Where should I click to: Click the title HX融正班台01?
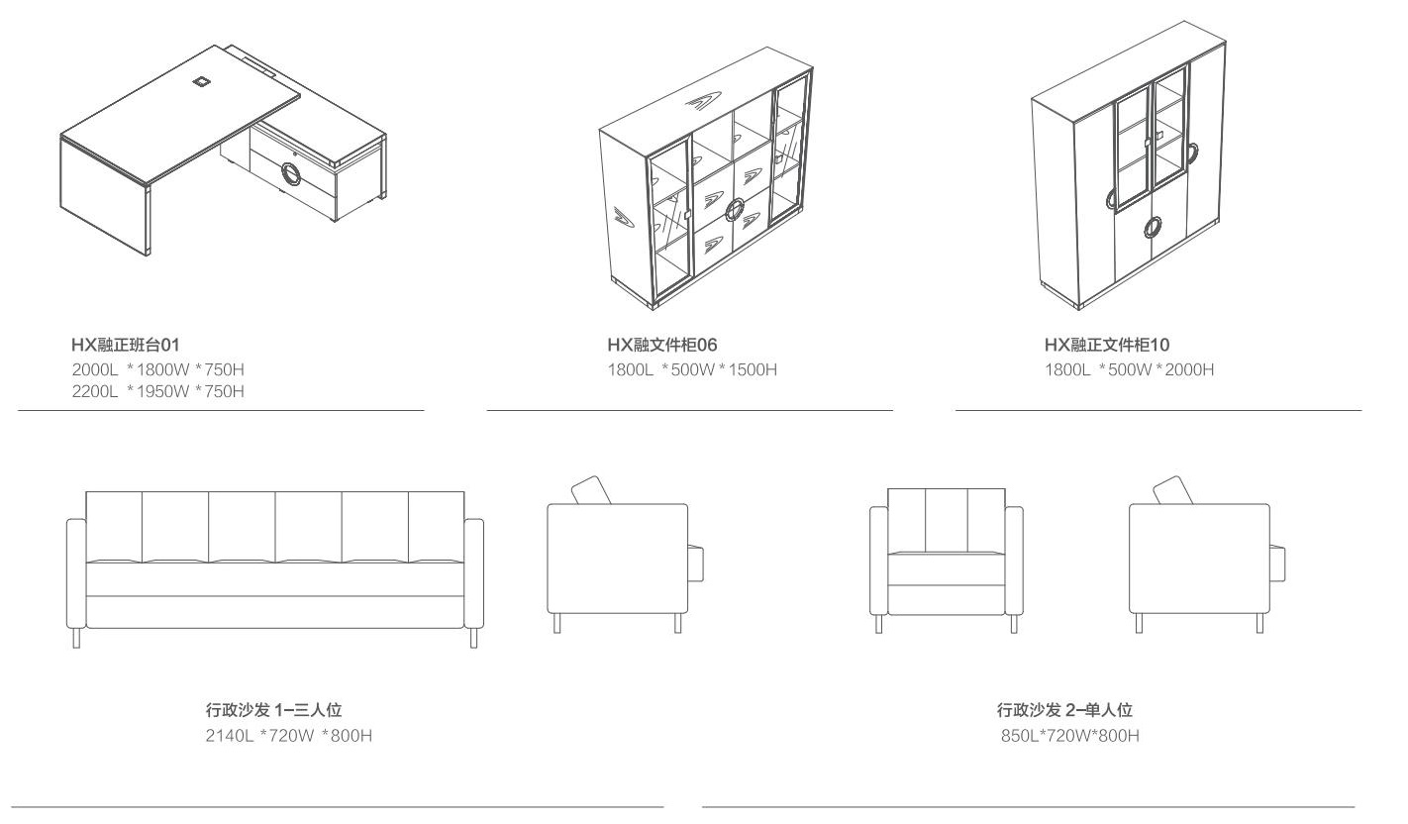click(124, 344)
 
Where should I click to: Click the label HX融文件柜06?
click(662, 344)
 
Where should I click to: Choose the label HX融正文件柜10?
click(1106, 344)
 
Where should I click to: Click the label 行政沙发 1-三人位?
click(272, 710)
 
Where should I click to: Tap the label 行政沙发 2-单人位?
click(1063, 710)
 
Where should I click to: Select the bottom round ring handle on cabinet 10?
click(1153, 228)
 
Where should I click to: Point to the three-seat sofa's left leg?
click(77, 638)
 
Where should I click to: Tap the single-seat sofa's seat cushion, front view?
click(946, 569)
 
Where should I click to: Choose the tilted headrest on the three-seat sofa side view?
click(590, 490)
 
